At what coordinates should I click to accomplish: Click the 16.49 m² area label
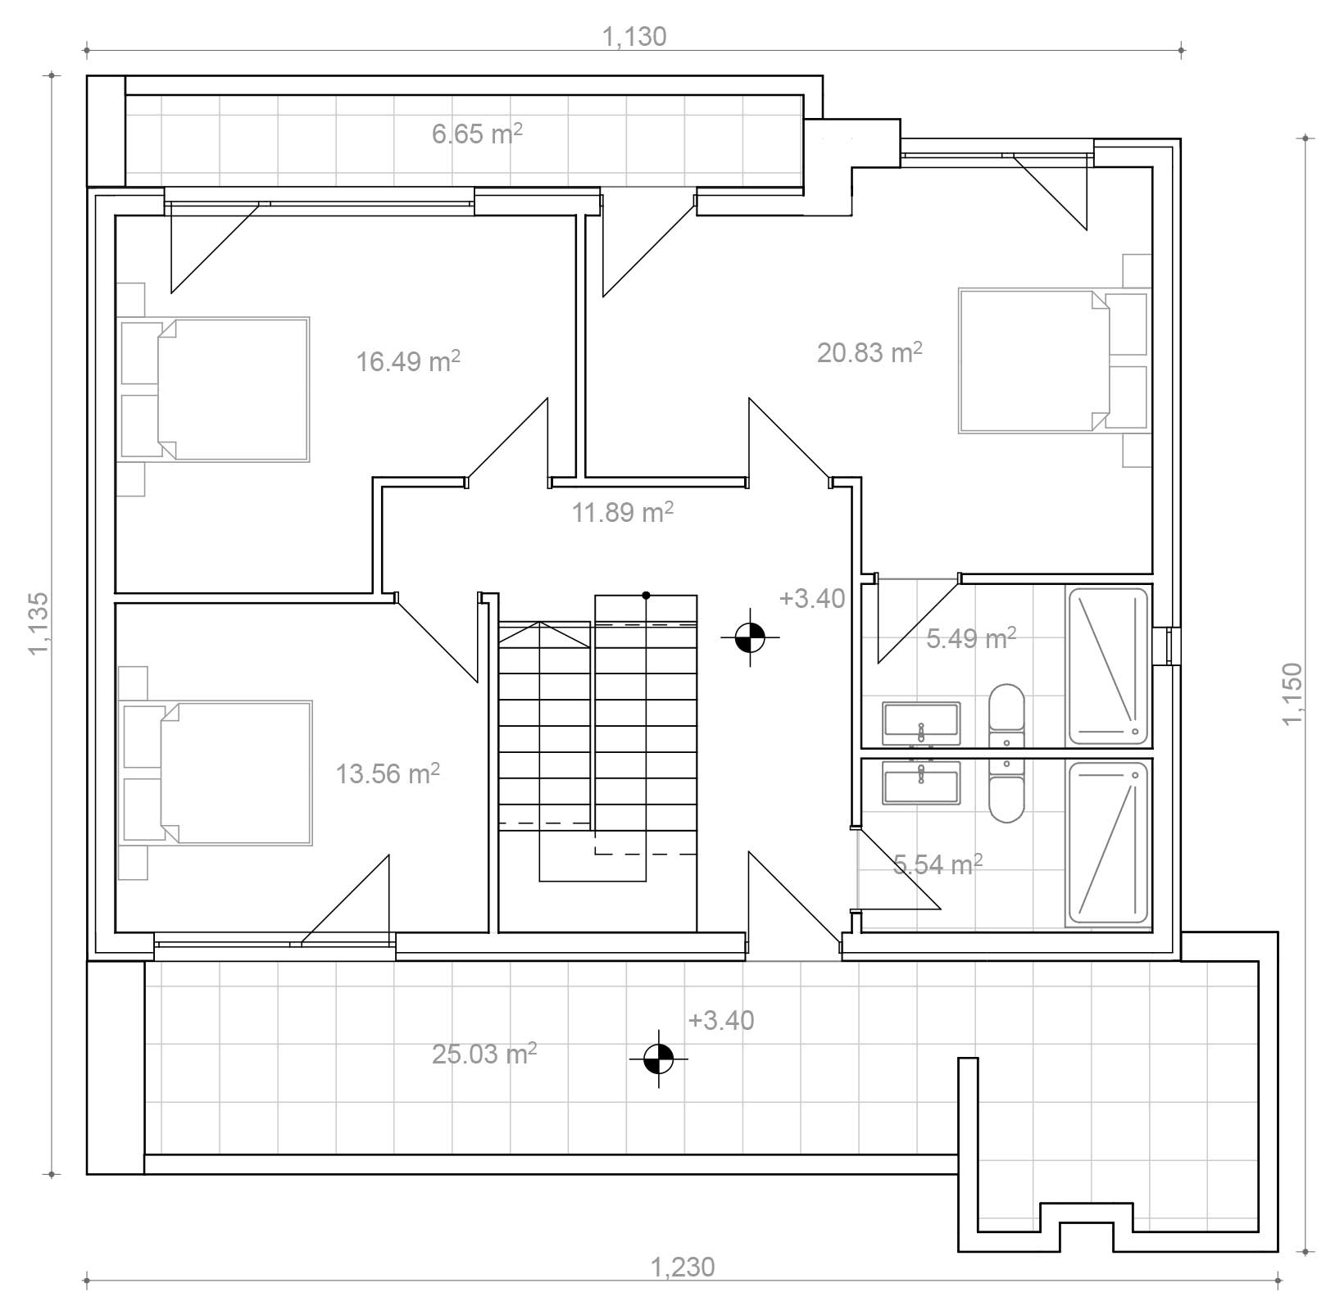tap(408, 361)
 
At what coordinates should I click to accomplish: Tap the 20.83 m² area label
tap(870, 352)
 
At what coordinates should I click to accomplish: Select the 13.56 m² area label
tap(388, 773)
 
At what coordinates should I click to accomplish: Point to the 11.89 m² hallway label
tap(623, 512)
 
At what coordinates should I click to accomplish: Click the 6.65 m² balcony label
tap(477, 134)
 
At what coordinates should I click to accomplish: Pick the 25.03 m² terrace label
tap(484, 1053)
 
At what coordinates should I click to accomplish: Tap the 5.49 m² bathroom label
tap(971, 637)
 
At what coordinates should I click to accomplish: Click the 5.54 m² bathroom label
tap(938, 864)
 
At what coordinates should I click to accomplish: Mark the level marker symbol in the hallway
tap(750, 637)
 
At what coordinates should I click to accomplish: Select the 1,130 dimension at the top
tap(634, 37)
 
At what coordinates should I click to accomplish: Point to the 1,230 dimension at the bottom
tap(683, 1267)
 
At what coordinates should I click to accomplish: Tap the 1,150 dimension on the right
tap(1292, 693)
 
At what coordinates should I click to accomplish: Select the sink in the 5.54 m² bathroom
tap(921, 782)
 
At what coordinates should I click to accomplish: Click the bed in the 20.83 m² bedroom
tap(1053, 360)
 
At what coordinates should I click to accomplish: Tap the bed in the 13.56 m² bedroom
tap(216, 773)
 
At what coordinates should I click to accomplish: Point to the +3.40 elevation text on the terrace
tap(721, 1020)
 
